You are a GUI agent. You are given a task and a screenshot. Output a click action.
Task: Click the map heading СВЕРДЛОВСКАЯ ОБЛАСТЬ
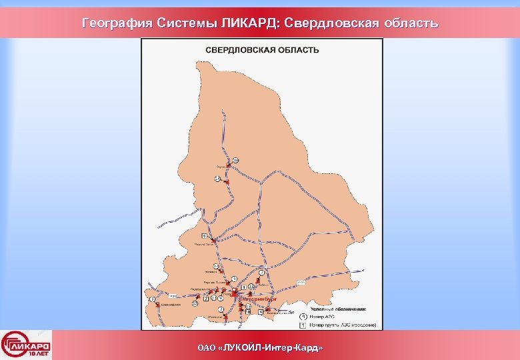[x=262, y=50]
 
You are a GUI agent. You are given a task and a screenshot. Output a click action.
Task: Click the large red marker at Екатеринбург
[x=237, y=293]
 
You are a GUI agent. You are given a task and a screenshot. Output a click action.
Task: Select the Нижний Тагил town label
[x=204, y=245]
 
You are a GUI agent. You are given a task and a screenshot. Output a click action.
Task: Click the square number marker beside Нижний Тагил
[x=203, y=236]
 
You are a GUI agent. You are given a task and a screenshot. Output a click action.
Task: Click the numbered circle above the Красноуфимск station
[x=153, y=299]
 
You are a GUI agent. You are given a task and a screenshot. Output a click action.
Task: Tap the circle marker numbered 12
[x=195, y=303]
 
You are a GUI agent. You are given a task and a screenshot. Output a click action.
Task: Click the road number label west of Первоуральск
[x=172, y=295]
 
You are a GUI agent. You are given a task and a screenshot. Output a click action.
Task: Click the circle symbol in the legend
[x=302, y=316]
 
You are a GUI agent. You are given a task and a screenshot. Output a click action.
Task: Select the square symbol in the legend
[x=302, y=325]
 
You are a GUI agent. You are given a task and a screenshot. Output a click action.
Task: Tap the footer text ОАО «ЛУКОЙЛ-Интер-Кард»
[x=260, y=348]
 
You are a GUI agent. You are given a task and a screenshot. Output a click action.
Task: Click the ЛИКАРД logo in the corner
[x=27, y=345]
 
